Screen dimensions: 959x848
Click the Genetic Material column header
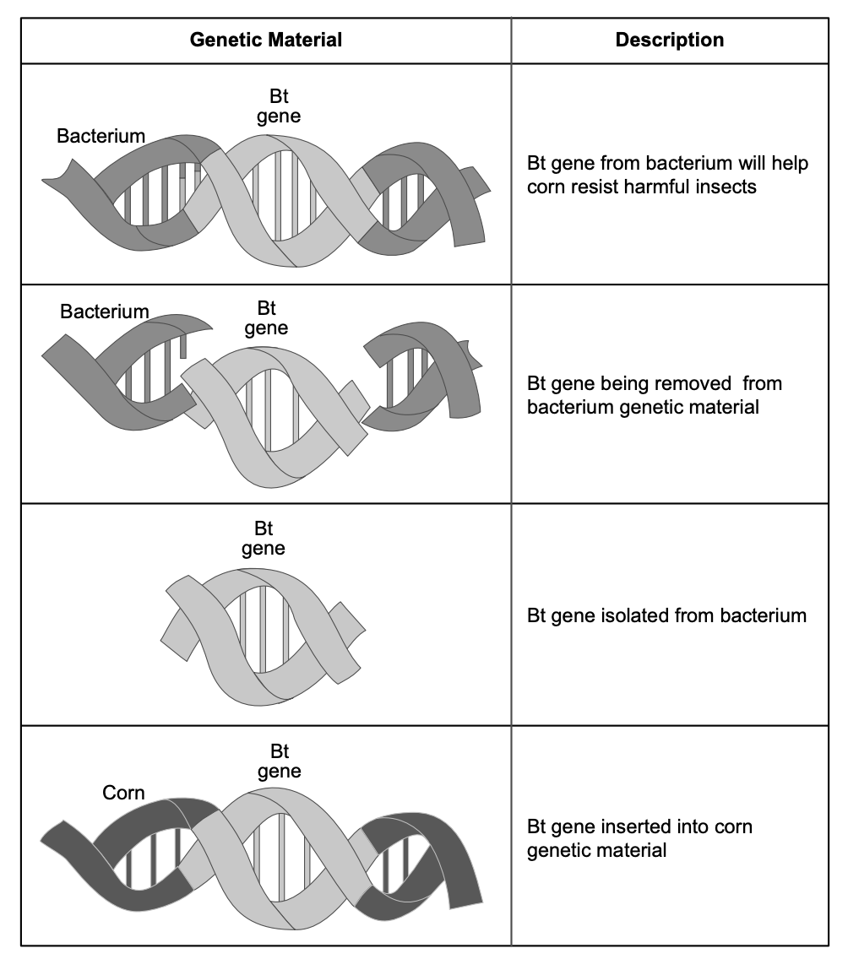pyautogui.click(x=265, y=40)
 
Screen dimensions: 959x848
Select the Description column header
pyautogui.click(x=669, y=40)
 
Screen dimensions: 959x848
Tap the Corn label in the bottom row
pyautogui.click(x=123, y=793)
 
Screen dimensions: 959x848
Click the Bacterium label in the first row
pyautogui.click(x=101, y=136)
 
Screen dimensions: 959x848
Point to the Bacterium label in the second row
pyautogui.click(x=104, y=312)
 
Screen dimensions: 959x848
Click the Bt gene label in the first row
pyautogui.click(x=279, y=106)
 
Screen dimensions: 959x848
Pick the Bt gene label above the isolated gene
pyautogui.click(x=264, y=539)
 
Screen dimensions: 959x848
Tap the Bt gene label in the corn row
pyautogui.click(x=280, y=761)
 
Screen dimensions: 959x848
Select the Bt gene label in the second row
pyautogui.click(x=266, y=317)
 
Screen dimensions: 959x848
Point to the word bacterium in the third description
pyautogui.click(x=763, y=615)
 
